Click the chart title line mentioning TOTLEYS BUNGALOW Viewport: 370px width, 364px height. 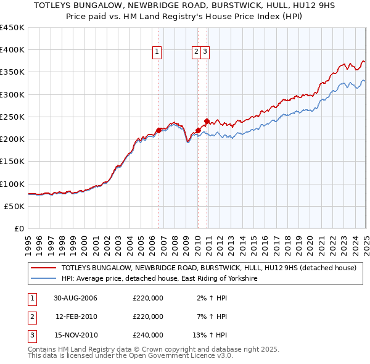click(184, 6)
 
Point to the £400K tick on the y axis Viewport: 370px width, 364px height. click(12, 50)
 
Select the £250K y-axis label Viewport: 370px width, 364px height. click(12, 117)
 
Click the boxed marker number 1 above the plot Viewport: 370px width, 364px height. click(158, 52)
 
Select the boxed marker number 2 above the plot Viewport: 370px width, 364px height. click(197, 52)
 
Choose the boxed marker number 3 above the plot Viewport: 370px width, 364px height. click(205, 52)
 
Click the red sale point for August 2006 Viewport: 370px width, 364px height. click(158, 130)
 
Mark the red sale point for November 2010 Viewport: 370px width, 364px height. click(207, 121)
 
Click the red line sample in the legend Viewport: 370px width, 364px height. click(44, 268)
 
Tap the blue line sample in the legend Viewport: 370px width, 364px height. click(44, 279)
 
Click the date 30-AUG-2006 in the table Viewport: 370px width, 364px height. click(76, 298)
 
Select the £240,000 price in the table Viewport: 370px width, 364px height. click(148, 335)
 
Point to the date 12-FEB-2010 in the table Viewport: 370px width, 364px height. click(76, 316)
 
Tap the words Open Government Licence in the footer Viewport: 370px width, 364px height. click(178, 356)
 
